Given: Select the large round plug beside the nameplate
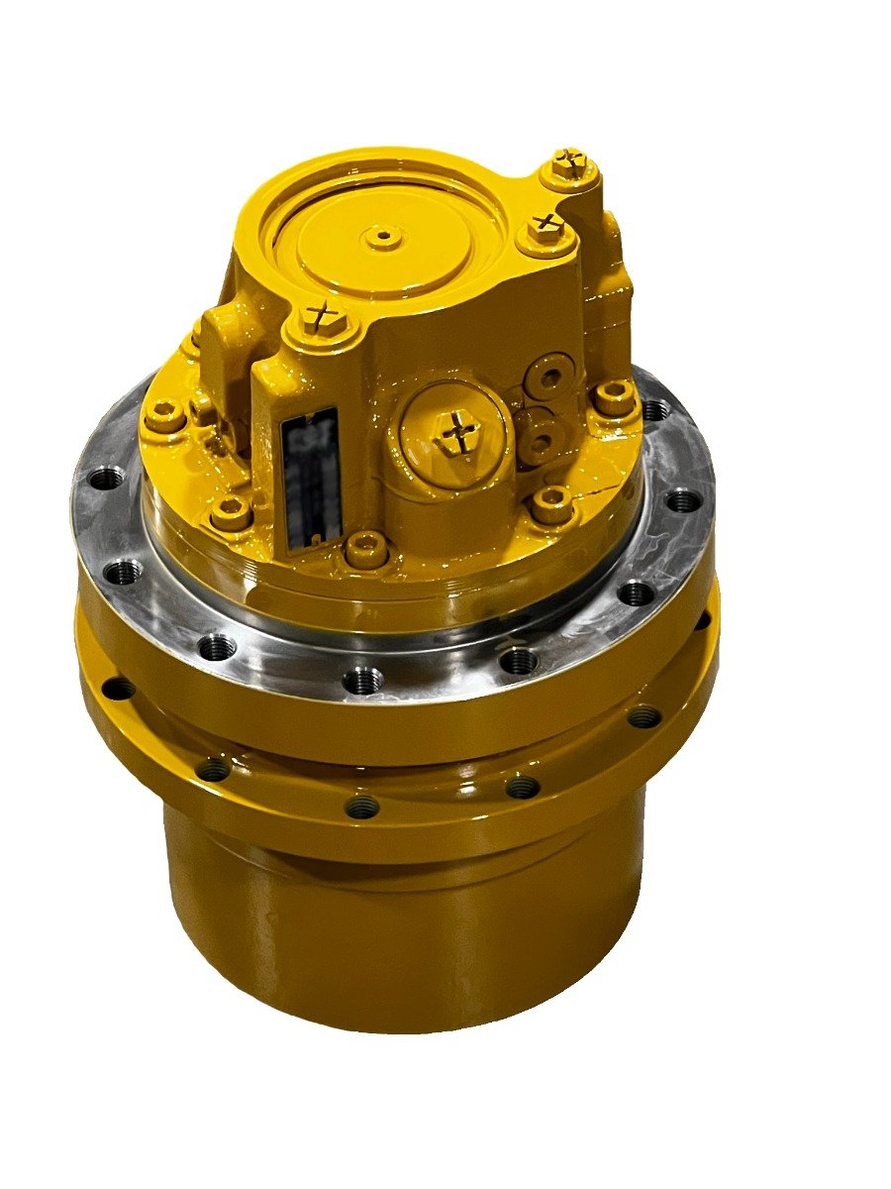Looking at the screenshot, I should pos(456,431).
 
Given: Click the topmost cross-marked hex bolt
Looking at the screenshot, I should pos(569,164).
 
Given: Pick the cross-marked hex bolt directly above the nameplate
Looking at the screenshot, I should pos(320,317).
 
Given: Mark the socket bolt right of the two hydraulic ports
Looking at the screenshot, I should pos(614,398).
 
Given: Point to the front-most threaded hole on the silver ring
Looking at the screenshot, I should pos(362,680).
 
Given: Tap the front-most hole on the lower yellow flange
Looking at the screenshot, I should pos(362,808).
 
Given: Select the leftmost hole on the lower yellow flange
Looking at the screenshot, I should pos(117,688).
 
